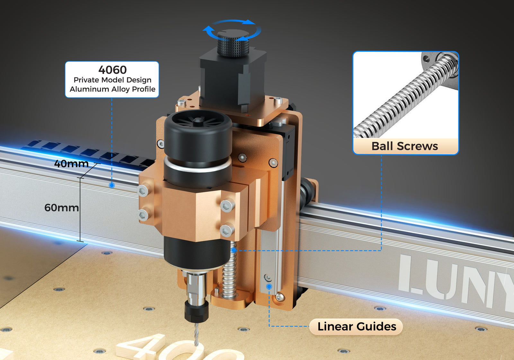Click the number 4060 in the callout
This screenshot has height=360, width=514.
click(x=112, y=70)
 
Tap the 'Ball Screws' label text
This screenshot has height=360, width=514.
click(x=404, y=146)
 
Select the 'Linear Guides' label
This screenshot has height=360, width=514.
click(x=357, y=327)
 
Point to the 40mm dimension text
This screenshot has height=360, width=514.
click(x=71, y=164)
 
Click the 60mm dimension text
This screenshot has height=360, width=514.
click(x=61, y=208)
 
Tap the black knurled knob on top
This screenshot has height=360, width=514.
click(x=233, y=43)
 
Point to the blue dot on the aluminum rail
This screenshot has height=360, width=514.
click(x=112, y=185)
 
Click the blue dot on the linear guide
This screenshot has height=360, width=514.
click(x=269, y=286)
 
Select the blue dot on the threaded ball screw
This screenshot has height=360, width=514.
click(x=234, y=250)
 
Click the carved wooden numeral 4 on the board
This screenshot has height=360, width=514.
click(x=141, y=347)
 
